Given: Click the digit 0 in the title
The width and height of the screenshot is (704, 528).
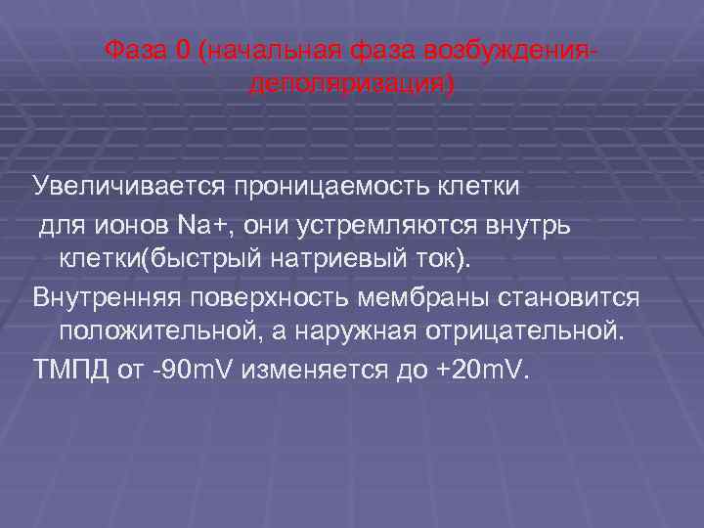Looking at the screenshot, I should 183,49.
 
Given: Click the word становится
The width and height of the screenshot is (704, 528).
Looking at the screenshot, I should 581,296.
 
